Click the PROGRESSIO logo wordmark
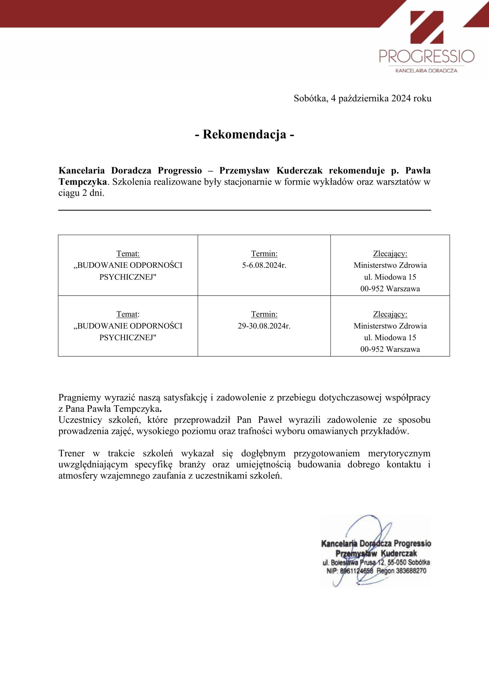point(427,56)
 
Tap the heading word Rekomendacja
point(244,134)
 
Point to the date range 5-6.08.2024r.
point(264,265)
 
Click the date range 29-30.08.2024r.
point(264,326)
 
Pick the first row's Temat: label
point(128,254)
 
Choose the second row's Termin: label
point(264,314)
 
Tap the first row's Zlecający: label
point(390,254)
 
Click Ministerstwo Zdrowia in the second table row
point(390,326)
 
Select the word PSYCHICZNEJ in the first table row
point(128,277)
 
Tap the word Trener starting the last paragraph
point(72,453)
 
